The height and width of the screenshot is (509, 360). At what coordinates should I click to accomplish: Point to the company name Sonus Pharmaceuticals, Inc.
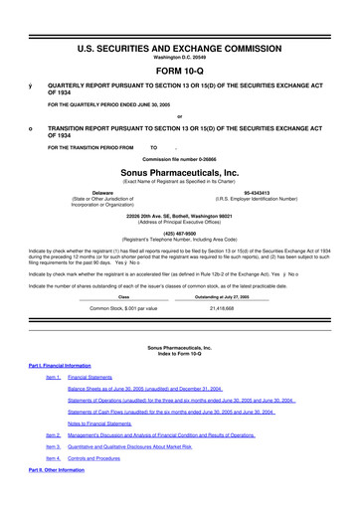[x=180, y=172]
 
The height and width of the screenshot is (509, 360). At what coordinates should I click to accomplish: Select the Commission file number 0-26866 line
[x=180, y=159]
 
